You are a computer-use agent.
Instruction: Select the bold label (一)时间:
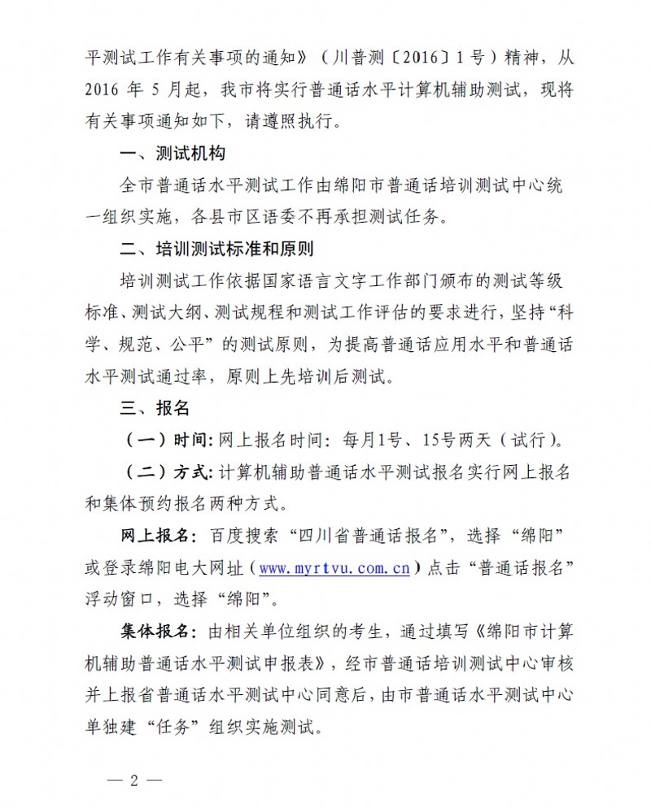168,441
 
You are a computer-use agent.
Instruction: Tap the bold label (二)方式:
168,473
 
